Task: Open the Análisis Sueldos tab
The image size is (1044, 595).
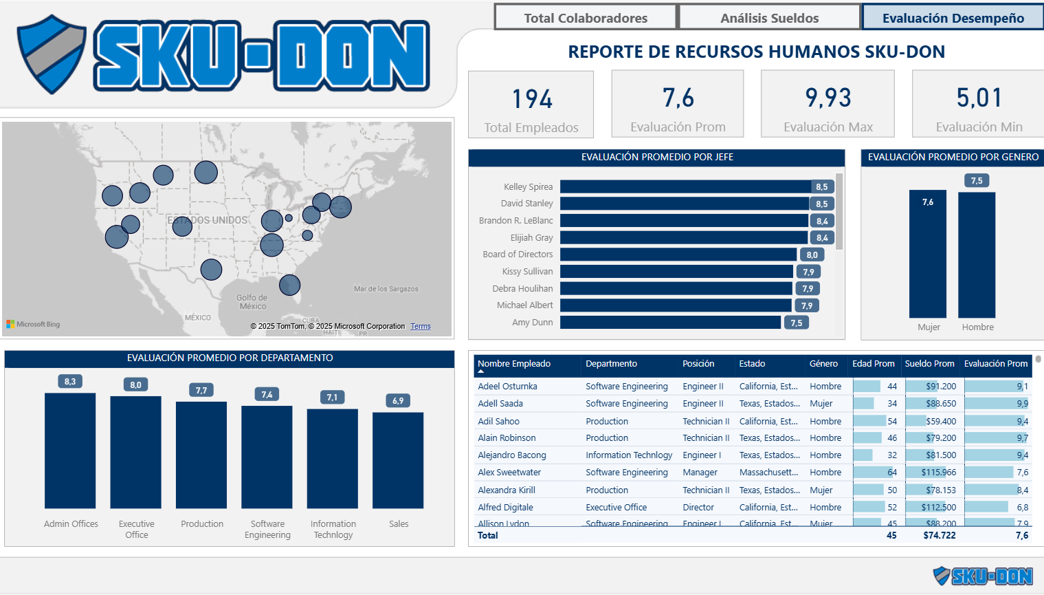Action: (x=769, y=18)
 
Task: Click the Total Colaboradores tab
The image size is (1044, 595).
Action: (x=586, y=18)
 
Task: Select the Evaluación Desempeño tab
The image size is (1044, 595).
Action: (x=953, y=18)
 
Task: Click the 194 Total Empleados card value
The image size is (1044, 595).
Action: (x=532, y=99)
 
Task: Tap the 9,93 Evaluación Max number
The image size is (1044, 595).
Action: (x=828, y=98)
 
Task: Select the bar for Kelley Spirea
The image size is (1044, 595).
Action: (x=685, y=186)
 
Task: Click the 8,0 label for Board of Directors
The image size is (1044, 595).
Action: (x=812, y=255)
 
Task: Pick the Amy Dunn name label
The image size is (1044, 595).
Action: (x=532, y=322)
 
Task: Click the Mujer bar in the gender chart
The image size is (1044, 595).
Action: (x=927, y=255)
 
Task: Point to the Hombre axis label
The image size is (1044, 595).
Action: (x=977, y=327)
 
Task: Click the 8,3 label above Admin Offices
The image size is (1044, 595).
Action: (x=70, y=381)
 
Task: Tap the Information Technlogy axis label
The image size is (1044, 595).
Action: (x=333, y=529)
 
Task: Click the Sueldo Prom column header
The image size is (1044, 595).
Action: (x=929, y=364)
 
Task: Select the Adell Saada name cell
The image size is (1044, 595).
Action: (x=500, y=404)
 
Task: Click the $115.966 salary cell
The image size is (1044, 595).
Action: (x=938, y=473)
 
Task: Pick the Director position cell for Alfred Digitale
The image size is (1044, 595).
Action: (x=698, y=508)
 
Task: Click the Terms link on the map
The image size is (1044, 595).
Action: (x=421, y=327)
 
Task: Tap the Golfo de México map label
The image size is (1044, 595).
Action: (x=252, y=302)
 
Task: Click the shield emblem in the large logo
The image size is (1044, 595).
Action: (x=52, y=54)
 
